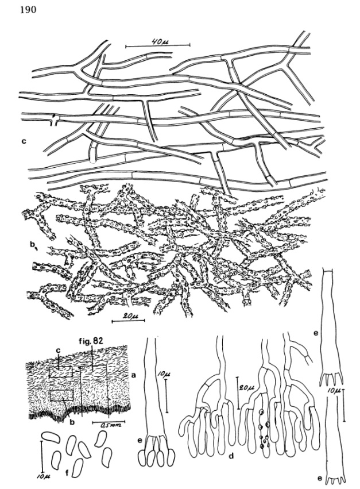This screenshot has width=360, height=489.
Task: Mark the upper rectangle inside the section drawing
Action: click(60, 371)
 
